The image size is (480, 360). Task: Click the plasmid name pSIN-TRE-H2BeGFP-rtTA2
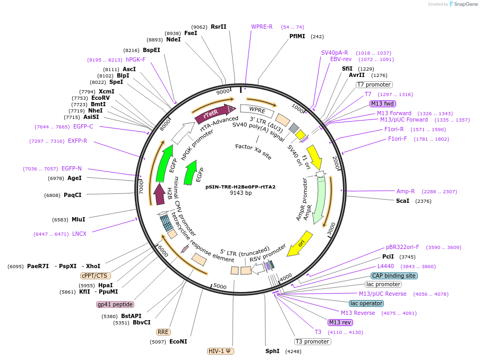[x=241, y=186]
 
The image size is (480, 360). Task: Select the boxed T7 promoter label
[x=374, y=84]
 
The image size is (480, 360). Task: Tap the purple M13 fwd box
[x=383, y=104]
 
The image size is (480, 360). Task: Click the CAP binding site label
[x=394, y=276]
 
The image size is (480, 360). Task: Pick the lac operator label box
[x=366, y=303]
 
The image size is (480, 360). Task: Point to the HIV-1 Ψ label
[x=221, y=351]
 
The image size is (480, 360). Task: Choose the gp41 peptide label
[x=115, y=304]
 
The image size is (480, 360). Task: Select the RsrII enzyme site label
[x=218, y=27]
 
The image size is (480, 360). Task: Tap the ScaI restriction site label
[x=402, y=201]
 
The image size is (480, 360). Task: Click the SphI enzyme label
[x=272, y=351]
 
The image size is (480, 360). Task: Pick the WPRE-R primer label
[x=262, y=27]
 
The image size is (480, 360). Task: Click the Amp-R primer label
[x=406, y=191]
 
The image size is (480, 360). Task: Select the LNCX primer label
[x=80, y=234]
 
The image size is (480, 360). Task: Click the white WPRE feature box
[x=257, y=110]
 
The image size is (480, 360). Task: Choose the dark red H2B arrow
[x=159, y=194]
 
